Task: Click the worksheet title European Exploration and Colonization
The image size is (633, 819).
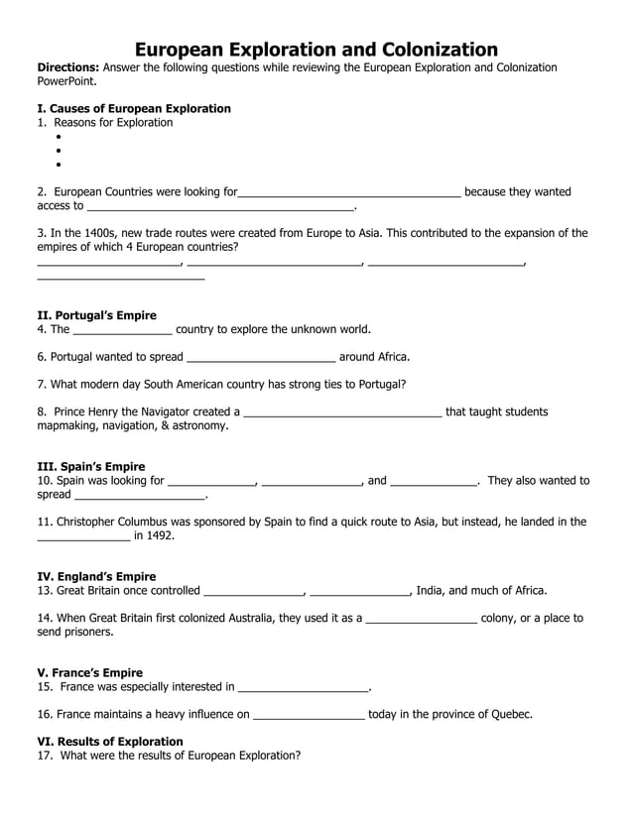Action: (316, 49)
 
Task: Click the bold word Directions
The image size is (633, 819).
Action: (66, 67)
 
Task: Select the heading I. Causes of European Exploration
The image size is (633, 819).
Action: (133, 108)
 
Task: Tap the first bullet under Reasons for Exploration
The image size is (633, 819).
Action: (60, 137)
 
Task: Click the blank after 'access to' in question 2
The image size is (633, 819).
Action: (220, 206)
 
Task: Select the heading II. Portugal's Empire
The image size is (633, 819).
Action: (96, 315)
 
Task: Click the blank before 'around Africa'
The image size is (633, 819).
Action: (261, 357)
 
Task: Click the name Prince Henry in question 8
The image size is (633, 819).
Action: (87, 411)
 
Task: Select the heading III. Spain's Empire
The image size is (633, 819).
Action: (90, 466)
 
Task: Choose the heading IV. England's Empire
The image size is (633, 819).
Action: (96, 576)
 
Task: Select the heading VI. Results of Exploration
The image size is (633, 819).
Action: (109, 741)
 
